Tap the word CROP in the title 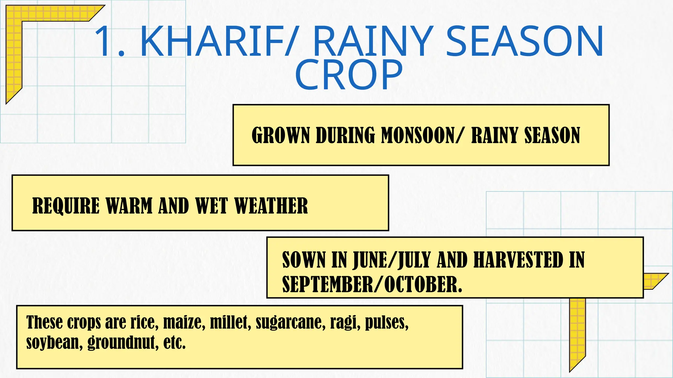pos(349,75)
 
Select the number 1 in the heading pos(105,42)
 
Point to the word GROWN pos(281,135)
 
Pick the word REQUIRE pos(66,206)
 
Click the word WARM pos(129,206)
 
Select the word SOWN pos(303,260)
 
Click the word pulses pos(386,322)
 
